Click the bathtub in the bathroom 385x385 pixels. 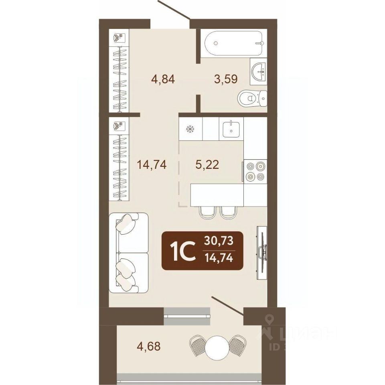[234, 43]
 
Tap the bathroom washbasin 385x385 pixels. [258, 72]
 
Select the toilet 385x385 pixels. [252, 98]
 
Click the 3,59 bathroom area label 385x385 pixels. [226, 79]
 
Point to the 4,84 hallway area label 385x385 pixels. [163, 79]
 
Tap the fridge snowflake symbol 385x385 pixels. [190, 129]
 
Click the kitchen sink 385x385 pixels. [231, 129]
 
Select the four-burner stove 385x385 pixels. [255, 171]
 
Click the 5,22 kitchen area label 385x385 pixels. [207, 164]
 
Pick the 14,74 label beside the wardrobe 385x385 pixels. [152, 164]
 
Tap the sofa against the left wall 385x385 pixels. [129, 253]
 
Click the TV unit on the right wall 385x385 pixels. [262, 253]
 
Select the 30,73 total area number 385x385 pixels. [219, 241]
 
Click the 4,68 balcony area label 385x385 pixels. [149, 346]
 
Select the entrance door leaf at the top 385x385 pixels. [174, 10]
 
